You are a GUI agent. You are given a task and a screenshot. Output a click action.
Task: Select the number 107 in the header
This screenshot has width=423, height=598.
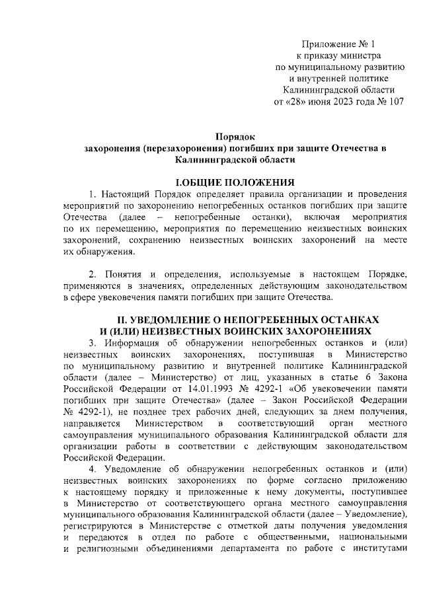point(394,102)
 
